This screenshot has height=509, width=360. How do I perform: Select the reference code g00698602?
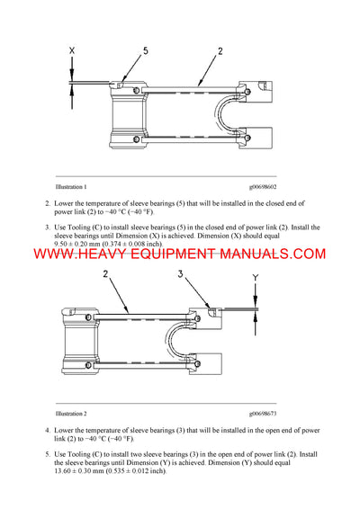pos(257,186)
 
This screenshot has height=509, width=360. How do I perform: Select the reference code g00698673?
pos(257,412)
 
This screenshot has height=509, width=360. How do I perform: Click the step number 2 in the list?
pos(47,203)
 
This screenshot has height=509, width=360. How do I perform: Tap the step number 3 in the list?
pos(47,227)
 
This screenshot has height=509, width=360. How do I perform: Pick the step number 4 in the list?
pos(47,430)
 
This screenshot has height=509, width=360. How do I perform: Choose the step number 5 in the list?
pos(47,453)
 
